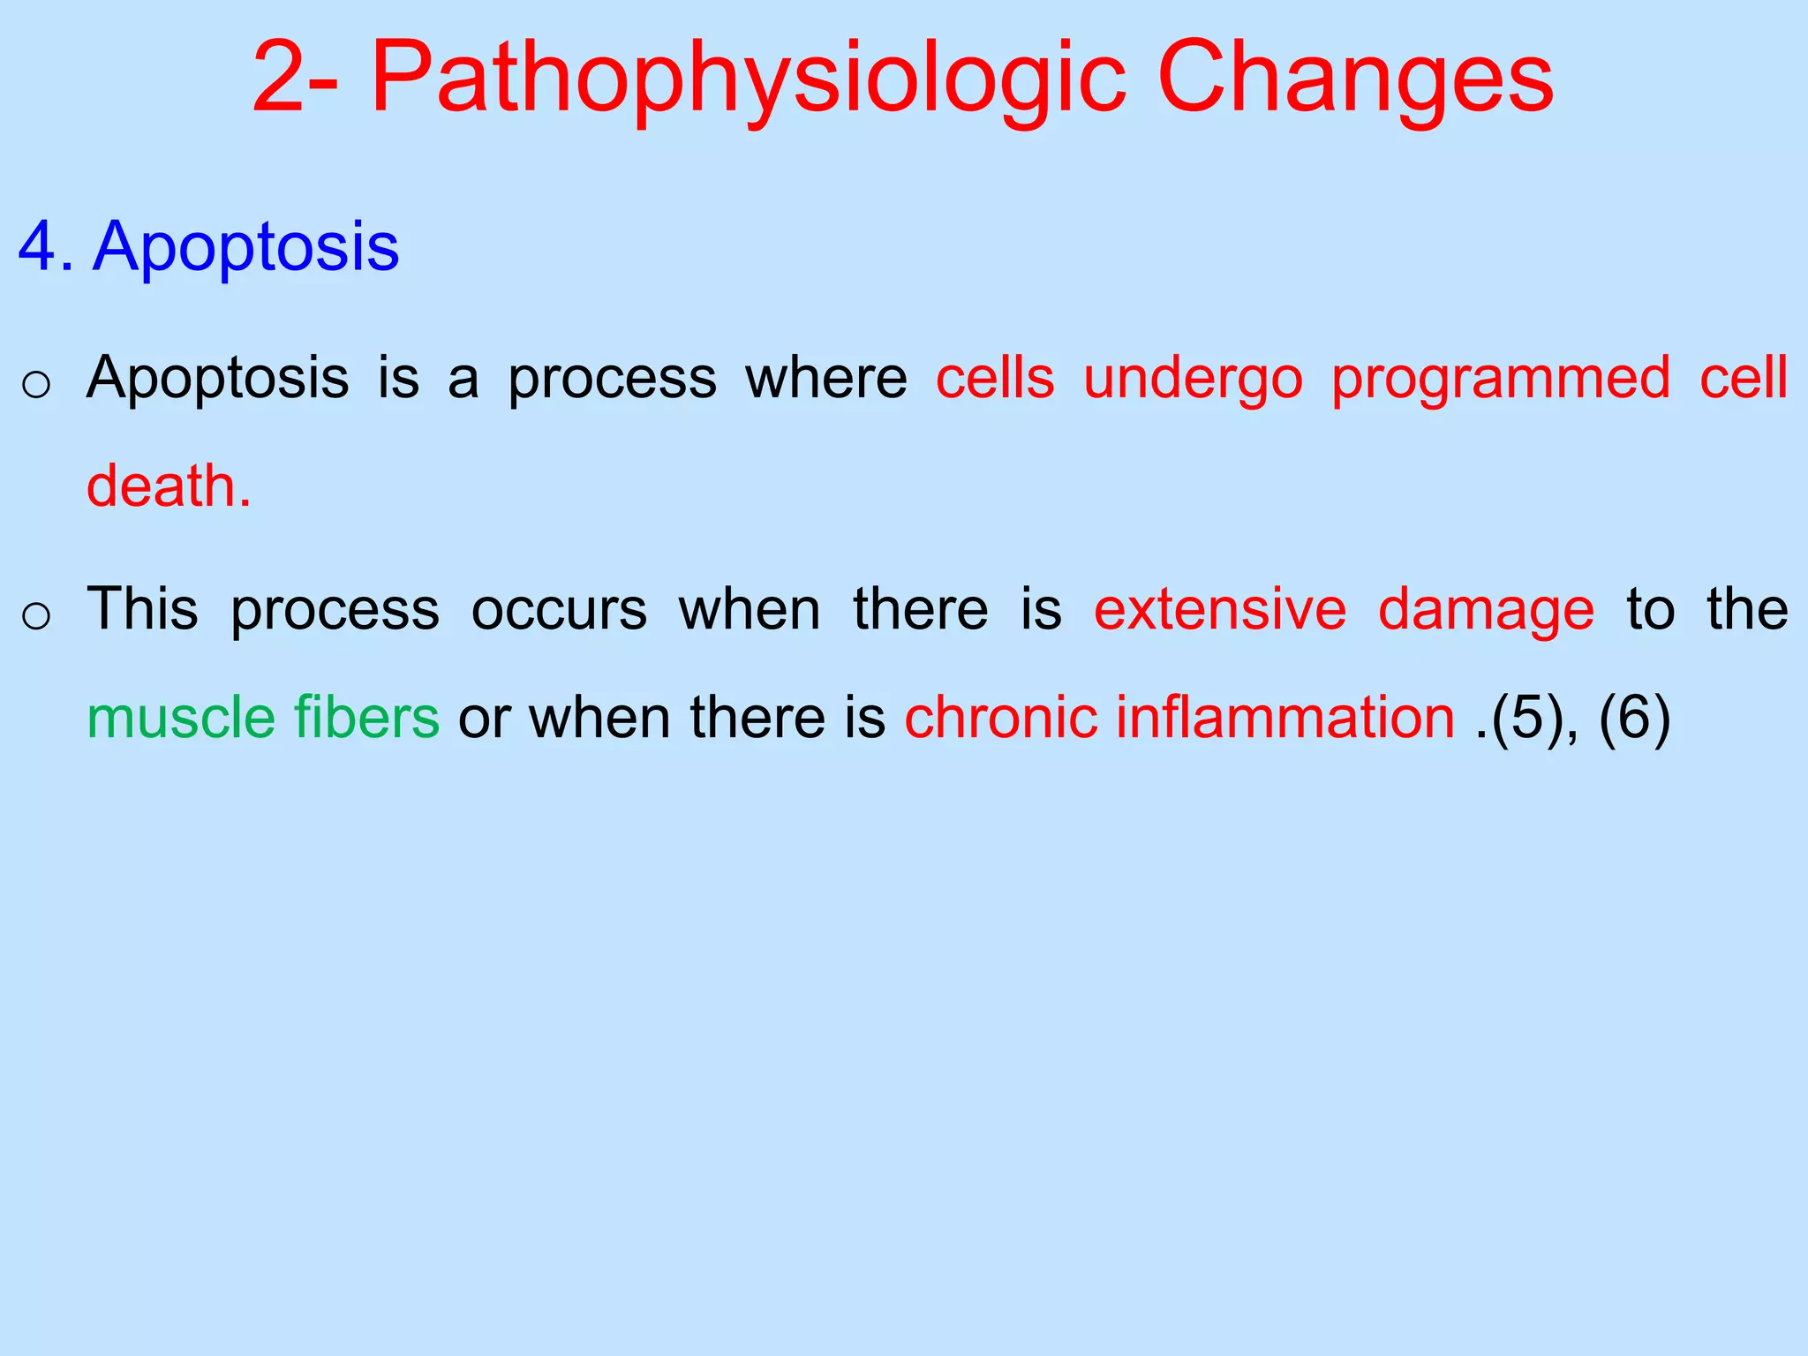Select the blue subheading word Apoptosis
(x=246, y=247)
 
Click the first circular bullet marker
(x=36, y=385)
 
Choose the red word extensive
(x=1220, y=609)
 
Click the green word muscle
(x=181, y=717)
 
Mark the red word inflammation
(x=1284, y=717)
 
